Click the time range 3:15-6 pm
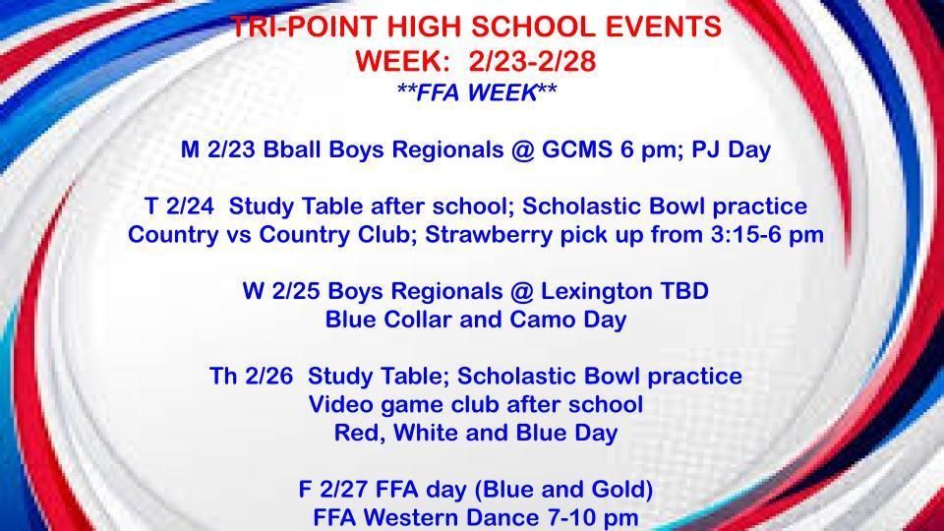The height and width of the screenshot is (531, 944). [x=761, y=236]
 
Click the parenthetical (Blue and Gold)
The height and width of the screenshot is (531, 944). [x=563, y=489]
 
